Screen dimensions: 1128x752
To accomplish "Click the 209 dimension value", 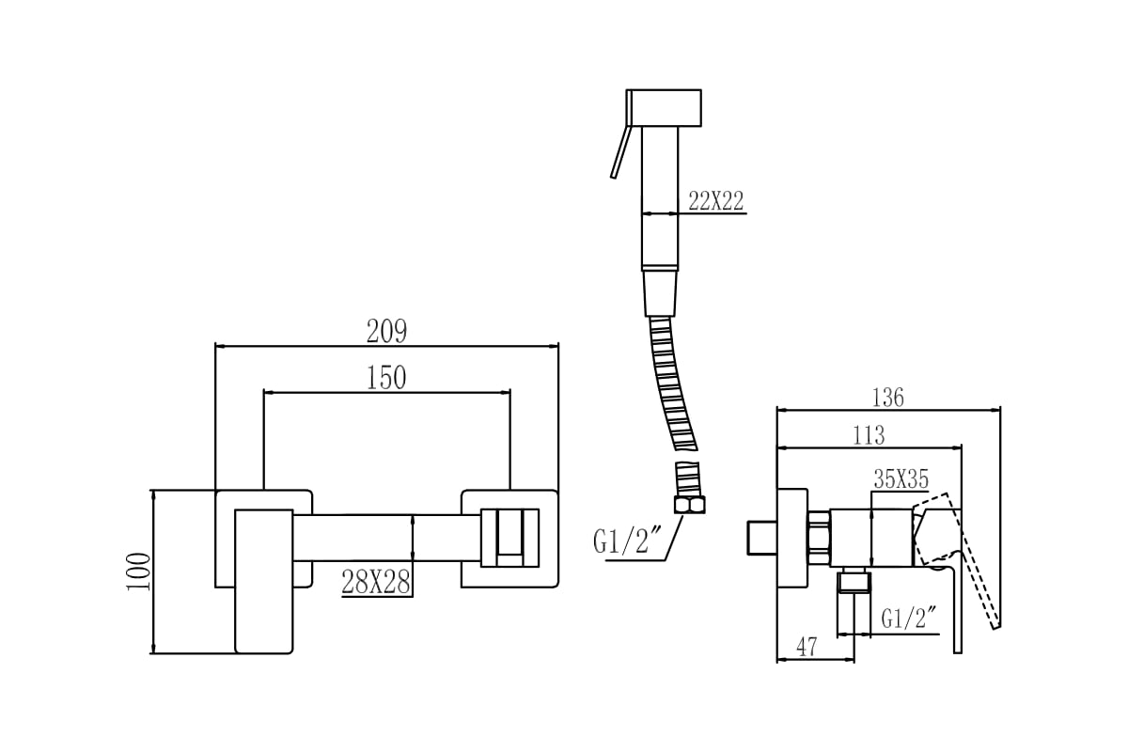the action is click(x=386, y=331).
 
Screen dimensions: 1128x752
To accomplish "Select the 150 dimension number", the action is click(x=385, y=378).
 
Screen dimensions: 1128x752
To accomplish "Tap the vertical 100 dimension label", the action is click(x=138, y=572).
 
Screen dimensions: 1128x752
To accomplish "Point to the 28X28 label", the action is click(x=376, y=582).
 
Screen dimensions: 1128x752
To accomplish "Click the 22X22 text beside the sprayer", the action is click(x=715, y=201).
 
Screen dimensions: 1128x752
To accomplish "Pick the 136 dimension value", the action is click(x=887, y=398).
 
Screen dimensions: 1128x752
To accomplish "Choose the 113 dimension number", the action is click(x=869, y=435).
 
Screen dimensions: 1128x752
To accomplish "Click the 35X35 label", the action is click(x=901, y=479).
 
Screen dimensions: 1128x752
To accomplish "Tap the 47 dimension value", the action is click(x=807, y=646).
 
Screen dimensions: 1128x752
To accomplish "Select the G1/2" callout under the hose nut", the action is click(x=619, y=541).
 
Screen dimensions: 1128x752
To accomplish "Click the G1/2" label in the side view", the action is click(x=908, y=618).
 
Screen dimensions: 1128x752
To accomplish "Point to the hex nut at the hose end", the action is click(x=689, y=505).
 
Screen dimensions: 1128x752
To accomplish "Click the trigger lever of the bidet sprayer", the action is click(x=619, y=151).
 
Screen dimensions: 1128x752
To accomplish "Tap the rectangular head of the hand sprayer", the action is click(x=664, y=108).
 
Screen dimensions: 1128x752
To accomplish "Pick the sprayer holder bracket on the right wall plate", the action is click(x=510, y=538).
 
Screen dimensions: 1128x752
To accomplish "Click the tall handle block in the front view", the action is click(x=264, y=582).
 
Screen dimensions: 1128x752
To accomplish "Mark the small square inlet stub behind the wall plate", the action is click(x=762, y=538).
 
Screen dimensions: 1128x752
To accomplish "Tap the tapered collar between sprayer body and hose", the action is click(x=660, y=293).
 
